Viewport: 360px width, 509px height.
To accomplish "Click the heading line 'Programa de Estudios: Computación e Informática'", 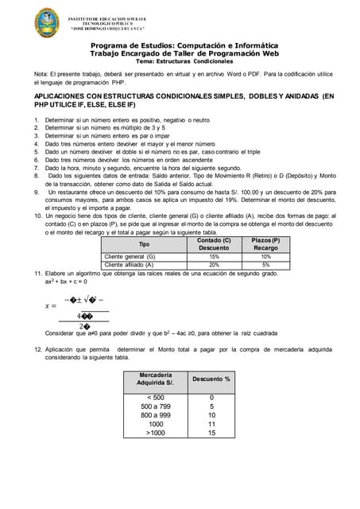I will click(x=184, y=46).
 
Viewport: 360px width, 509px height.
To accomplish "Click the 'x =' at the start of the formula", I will click(x=51, y=305).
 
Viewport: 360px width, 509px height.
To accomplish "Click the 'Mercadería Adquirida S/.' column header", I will click(x=156, y=379).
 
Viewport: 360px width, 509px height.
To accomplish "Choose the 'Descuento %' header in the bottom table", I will click(x=211, y=379).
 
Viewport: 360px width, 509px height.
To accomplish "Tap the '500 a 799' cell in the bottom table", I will click(x=156, y=406).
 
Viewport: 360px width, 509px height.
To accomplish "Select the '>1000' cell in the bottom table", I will click(x=156, y=433).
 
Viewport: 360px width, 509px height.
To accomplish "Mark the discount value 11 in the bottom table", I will click(x=211, y=424).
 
